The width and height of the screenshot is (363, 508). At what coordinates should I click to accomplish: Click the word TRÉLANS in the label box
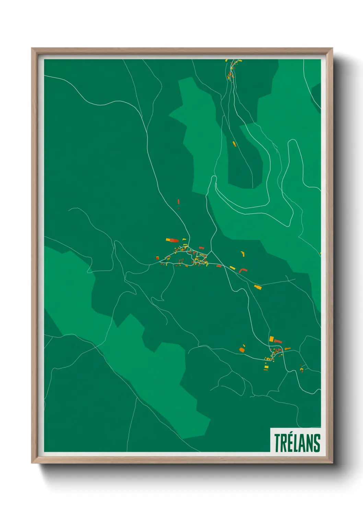[x=297, y=443]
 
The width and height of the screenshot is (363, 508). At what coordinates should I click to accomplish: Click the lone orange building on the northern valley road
[x=234, y=143]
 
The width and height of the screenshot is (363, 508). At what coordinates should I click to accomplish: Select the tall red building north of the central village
[x=178, y=201]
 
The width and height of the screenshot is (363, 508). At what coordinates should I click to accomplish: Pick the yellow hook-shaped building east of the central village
[x=243, y=254]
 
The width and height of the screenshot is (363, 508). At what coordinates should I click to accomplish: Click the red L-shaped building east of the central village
[x=243, y=270]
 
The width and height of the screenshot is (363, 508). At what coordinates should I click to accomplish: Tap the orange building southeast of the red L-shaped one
[x=258, y=287]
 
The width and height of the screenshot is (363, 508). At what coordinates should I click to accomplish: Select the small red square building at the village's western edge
[x=157, y=258]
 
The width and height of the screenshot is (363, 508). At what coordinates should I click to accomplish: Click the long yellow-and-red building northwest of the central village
[x=172, y=240]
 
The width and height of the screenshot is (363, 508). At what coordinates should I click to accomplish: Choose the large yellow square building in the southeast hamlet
[x=271, y=339]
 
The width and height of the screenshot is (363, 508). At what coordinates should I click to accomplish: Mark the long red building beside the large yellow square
[x=278, y=341]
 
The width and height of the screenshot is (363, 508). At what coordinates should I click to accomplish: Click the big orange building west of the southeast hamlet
[x=242, y=350]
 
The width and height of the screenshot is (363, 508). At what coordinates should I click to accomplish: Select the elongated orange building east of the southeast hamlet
[x=288, y=349]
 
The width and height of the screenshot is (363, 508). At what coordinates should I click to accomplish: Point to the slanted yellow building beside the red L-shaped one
[x=232, y=268]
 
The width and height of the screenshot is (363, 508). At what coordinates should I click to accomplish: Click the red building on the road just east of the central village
[x=219, y=266]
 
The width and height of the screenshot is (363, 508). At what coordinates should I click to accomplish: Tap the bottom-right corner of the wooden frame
[x=332, y=463]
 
